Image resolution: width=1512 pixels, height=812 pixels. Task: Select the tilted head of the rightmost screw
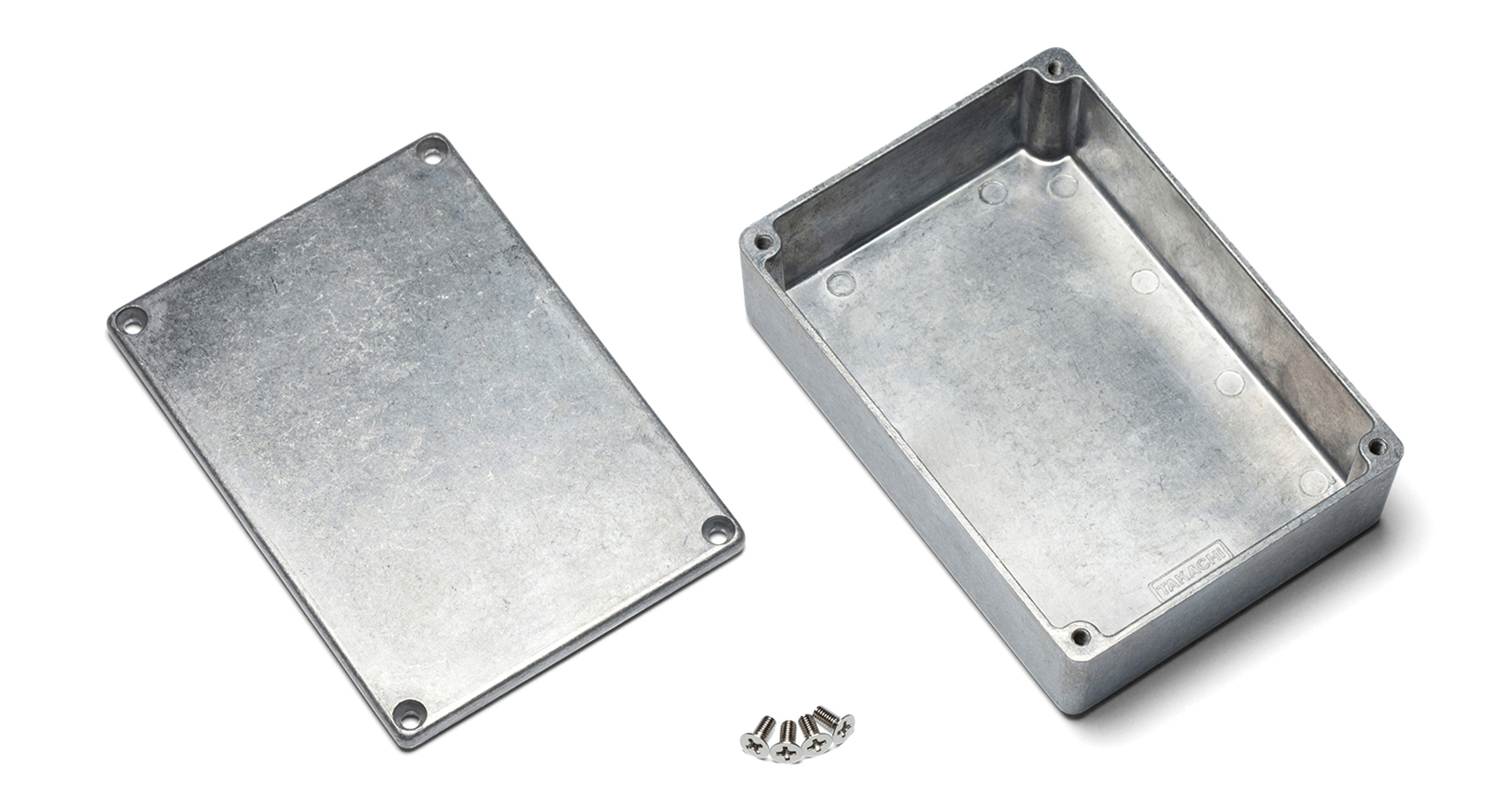[844, 728]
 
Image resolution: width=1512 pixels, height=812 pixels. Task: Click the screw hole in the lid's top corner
[433, 149]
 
